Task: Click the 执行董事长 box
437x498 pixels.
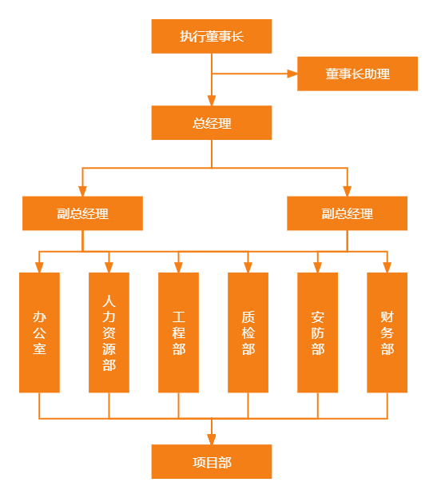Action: click(x=212, y=36)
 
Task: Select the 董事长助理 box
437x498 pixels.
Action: click(x=357, y=74)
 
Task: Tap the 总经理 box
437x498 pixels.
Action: click(x=212, y=122)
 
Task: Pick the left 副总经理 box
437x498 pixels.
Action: click(x=82, y=213)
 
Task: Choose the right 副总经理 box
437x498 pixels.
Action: click(x=348, y=213)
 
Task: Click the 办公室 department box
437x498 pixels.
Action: click(x=39, y=333)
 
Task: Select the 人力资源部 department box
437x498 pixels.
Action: click(x=109, y=333)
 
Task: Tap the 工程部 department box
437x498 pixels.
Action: click(x=178, y=333)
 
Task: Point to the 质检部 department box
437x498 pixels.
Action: click(x=248, y=333)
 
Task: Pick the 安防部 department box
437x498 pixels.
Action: click(x=317, y=333)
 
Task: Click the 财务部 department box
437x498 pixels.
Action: click(x=387, y=333)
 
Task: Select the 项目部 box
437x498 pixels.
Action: click(x=212, y=461)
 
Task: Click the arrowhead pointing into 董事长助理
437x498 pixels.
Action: click(x=292, y=74)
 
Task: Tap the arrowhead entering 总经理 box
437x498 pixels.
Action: click(x=212, y=101)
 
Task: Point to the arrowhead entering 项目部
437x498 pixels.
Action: click(x=212, y=439)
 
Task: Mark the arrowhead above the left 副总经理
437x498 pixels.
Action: click(x=82, y=191)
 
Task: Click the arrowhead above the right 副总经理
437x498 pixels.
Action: click(x=348, y=191)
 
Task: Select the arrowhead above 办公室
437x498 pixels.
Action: click(x=39, y=268)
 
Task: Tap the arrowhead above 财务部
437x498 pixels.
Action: click(x=387, y=268)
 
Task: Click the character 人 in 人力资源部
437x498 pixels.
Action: click(x=109, y=301)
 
